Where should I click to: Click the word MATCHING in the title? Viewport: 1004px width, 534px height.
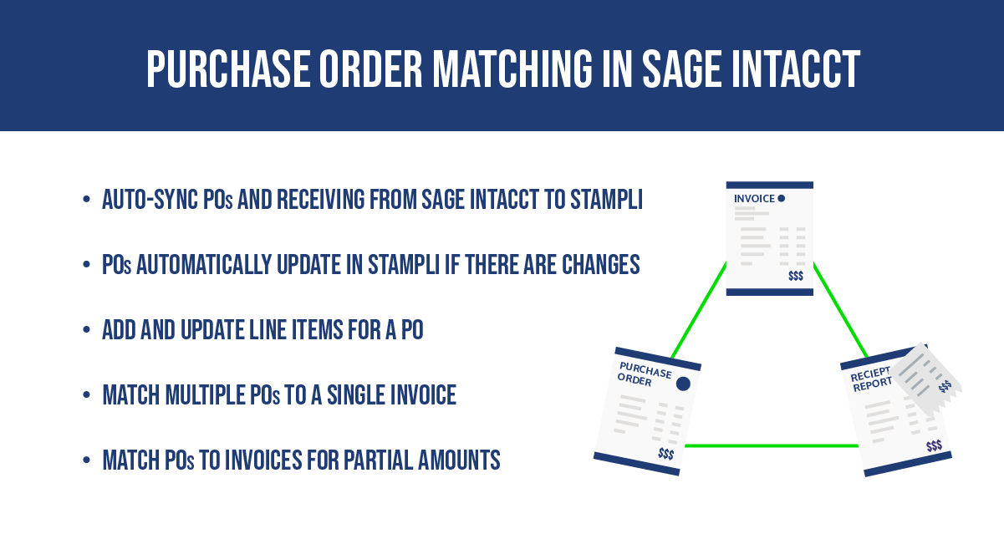click(512, 69)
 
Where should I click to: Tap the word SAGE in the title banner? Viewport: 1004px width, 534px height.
click(682, 69)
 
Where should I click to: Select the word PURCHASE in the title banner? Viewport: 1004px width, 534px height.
click(228, 69)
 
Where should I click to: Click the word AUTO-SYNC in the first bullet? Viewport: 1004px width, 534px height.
click(150, 200)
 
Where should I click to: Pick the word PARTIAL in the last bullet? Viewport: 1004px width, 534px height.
click(378, 460)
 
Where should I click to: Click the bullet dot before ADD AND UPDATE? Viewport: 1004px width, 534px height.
click(86, 330)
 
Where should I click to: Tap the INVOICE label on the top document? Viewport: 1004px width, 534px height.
click(754, 198)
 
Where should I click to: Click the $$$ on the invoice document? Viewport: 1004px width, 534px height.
click(796, 276)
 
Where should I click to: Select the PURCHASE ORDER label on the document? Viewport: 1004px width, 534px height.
click(644, 374)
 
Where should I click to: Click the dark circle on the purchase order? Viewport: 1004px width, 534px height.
click(683, 384)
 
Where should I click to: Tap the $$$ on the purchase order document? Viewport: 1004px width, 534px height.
click(666, 454)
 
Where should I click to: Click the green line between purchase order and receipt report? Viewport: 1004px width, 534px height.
click(772, 445)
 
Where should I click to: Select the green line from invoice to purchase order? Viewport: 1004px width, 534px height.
click(699, 310)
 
